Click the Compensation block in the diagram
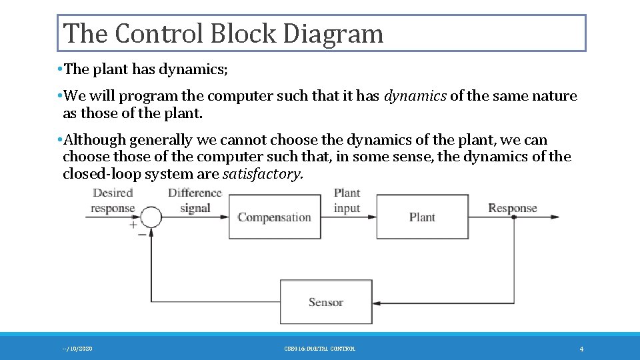click(x=275, y=217)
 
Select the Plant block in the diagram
click(x=422, y=217)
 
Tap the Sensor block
click(x=326, y=302)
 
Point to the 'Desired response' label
click(x=113, y=201)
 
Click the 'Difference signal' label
click(x=195, y=201)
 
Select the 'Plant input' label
click(x=347, y=201)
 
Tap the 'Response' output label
click(x=512, y=208)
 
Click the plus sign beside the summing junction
click(x=133, y=225)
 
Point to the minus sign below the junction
click(x=142, y=234)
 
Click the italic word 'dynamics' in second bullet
click(x=415, y=96)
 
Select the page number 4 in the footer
click(x=581, y=349)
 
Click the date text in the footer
click(x=77, y=349)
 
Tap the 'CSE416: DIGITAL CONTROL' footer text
click(x=319, y=349)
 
